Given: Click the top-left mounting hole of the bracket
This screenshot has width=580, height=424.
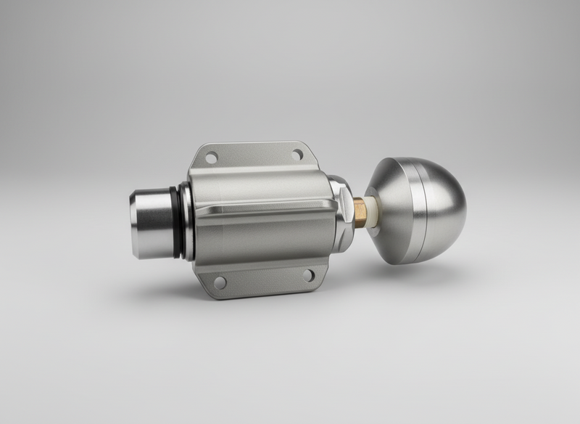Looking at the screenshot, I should [211, 157].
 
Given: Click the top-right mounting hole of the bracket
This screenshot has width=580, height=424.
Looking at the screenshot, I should [297, 155].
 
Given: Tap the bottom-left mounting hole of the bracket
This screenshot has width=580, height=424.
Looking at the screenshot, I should [220, 282].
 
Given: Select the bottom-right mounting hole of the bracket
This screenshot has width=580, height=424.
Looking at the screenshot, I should [308, 275].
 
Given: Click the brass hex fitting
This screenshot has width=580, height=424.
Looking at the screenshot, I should [360, 213].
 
